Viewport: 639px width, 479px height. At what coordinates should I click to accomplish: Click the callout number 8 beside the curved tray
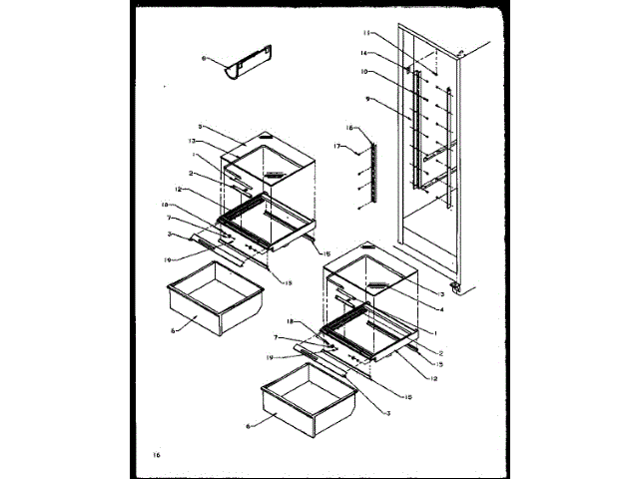coord(205,59)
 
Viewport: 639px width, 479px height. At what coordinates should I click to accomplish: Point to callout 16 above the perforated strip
coord(350,128)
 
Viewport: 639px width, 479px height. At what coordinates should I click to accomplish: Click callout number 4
coord(440,309)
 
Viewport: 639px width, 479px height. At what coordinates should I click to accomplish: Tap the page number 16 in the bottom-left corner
coord(156,455)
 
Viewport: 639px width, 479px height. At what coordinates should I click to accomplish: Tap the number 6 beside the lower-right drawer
coord(249,427)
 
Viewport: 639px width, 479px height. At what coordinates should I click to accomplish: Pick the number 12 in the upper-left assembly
coord(177,190)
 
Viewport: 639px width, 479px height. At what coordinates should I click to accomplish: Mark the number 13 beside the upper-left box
coord(190,142)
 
